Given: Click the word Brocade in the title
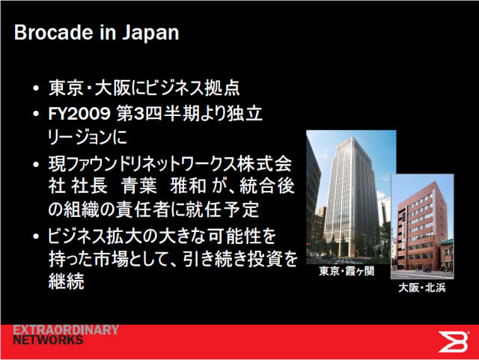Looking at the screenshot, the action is (x=53, y=32).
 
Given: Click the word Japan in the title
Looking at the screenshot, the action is (x=150, y=33).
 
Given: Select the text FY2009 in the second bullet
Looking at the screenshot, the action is (x=79, y=114).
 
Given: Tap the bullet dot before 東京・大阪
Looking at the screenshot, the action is (x=36, y=88).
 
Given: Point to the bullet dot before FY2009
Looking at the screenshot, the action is (x=36, y=114).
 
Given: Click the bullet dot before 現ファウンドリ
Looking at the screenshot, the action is (x=36, y=165).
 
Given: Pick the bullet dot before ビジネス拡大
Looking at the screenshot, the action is (x=36, y=237).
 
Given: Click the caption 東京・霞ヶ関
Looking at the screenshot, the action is (x=347, y=271).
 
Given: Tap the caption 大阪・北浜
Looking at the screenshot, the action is (x=422, y=287).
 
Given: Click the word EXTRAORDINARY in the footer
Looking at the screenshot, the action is (x=66, y=330).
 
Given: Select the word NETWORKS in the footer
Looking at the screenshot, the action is (x=48, y=340).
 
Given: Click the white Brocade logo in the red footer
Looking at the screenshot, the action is (x=453, y=341).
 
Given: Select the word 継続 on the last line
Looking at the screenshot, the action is (x=67, y=281).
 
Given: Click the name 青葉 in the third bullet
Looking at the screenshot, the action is (x=139, y=186).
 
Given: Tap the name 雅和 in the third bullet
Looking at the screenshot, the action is (x=188, y=186).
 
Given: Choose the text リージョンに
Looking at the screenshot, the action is (x=88, y=137).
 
